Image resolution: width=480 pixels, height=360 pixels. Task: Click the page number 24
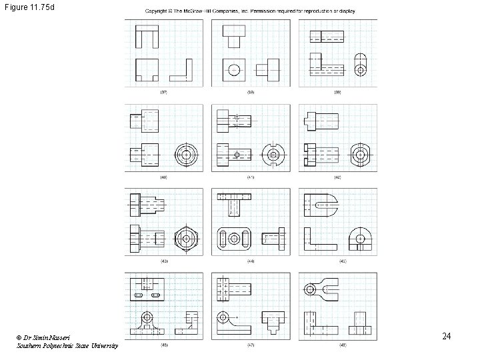pyautogui.click(x=447, y=336)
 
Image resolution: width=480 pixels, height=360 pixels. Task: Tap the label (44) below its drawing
pyautogui.click(x=251, y=261)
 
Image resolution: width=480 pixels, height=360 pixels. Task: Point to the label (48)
pyautogui.click(x=338, y=345)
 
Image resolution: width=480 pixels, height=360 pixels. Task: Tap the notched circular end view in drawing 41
pyautogui.click(x=273, y=155)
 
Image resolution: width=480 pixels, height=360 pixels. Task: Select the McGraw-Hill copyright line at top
pyautogui.click(x=251, y=11)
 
